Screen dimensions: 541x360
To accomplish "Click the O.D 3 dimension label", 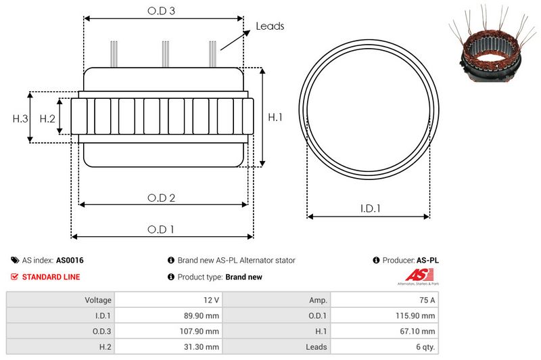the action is click(x=161, y=11).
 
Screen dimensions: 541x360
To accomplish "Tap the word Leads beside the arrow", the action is click(x=270, y=26).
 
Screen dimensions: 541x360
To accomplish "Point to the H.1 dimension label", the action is click(x=275, y=117).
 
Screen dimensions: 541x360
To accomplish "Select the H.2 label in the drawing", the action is click(x=47, y=118).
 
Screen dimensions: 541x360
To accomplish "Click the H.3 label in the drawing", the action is click(x=20, y=118).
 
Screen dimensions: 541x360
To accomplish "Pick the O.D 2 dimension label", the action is click(x=161, y=198).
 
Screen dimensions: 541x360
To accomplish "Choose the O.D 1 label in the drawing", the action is click(x=161, y=229).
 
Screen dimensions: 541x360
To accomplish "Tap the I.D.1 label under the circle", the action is click(x=370, y=208).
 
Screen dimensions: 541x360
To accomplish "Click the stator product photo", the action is click(x=492, y=43).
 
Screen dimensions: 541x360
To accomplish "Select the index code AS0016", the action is click(x=70, y=261).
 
